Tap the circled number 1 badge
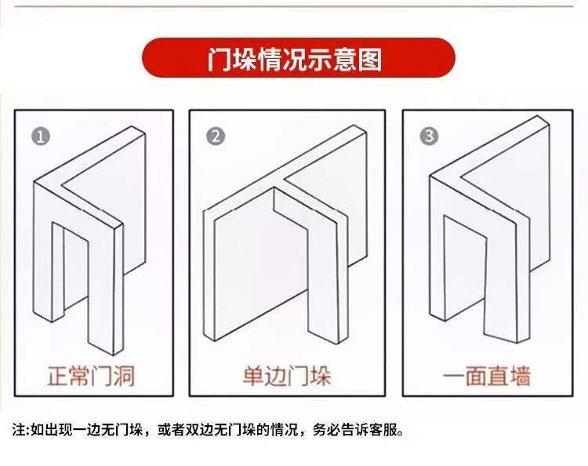click(x=41, y=136)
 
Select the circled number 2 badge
click(x=215, y=136)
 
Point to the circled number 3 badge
click(x=428, y=136)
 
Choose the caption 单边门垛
click(x=287, y=375)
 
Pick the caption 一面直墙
click(x=487, y=375)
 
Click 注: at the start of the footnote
click(x=20, y=431)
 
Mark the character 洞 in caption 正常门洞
click(x=122, y=375)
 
